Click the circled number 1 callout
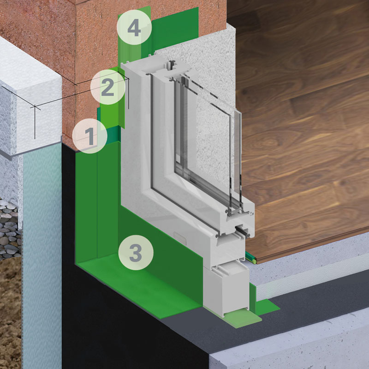(89, 136)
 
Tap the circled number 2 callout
(107, 87)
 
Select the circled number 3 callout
(136, 253)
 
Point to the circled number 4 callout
(134, 27)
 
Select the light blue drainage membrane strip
(42, 254)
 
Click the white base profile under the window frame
(226, 290)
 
